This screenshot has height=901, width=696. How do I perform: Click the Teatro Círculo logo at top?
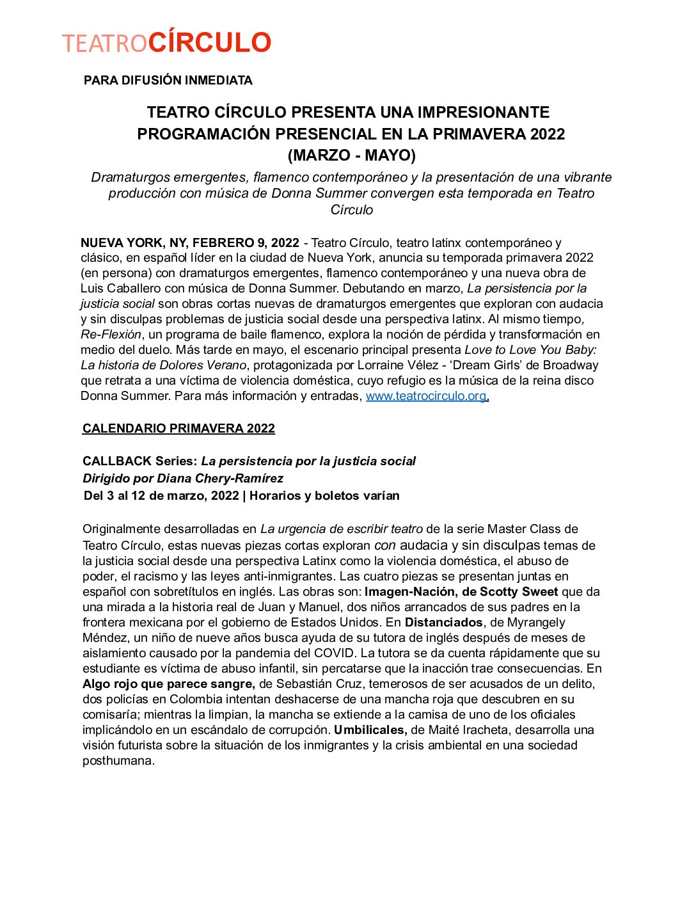pos(167,43)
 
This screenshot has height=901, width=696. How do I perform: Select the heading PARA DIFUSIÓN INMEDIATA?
pos(168,81)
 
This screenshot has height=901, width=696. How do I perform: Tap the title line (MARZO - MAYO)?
pos(351,155)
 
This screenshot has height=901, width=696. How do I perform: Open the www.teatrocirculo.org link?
pos(426,396)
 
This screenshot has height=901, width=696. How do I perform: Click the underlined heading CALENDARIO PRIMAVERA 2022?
pos(178,429)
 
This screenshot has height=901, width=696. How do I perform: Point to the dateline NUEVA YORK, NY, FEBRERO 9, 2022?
pos(190,243)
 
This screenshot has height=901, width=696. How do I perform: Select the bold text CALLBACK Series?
pos(140,461)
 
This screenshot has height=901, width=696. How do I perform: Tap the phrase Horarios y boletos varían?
pos(324,496)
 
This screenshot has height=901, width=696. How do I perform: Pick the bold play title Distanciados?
pos(444,623)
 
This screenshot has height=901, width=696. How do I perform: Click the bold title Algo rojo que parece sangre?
pos(168,684)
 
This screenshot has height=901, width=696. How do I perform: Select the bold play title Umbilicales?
pos(370,730)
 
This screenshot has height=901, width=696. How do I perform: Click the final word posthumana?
pos(118,761)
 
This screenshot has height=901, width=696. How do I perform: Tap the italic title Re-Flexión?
pos(111,335)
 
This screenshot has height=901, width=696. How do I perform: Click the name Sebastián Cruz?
pos(311,684)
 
